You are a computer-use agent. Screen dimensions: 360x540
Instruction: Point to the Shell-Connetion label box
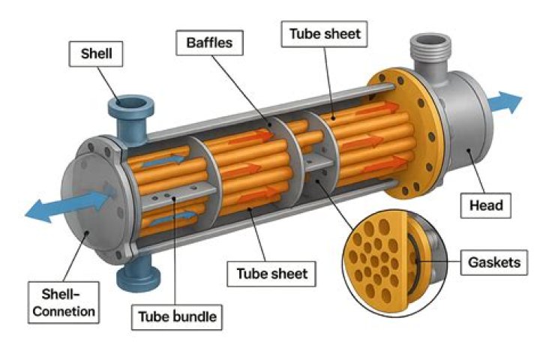click(58, 298)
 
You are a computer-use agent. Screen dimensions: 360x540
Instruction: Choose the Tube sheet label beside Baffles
click(324, 33)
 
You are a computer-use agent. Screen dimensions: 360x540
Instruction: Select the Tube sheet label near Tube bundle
click(271, 273)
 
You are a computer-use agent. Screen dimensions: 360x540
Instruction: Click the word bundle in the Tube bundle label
click(193, 316)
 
